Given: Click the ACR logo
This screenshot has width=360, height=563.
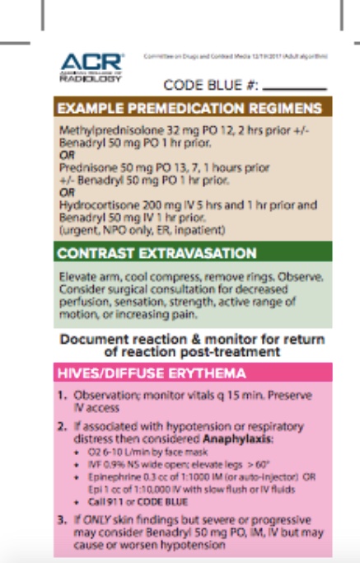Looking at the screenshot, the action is tap(91, 65).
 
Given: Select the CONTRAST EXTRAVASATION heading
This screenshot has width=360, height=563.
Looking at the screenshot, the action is tap(157, 252).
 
